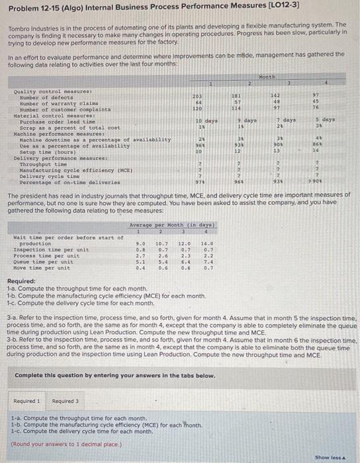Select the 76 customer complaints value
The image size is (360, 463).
coord(316,108)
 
